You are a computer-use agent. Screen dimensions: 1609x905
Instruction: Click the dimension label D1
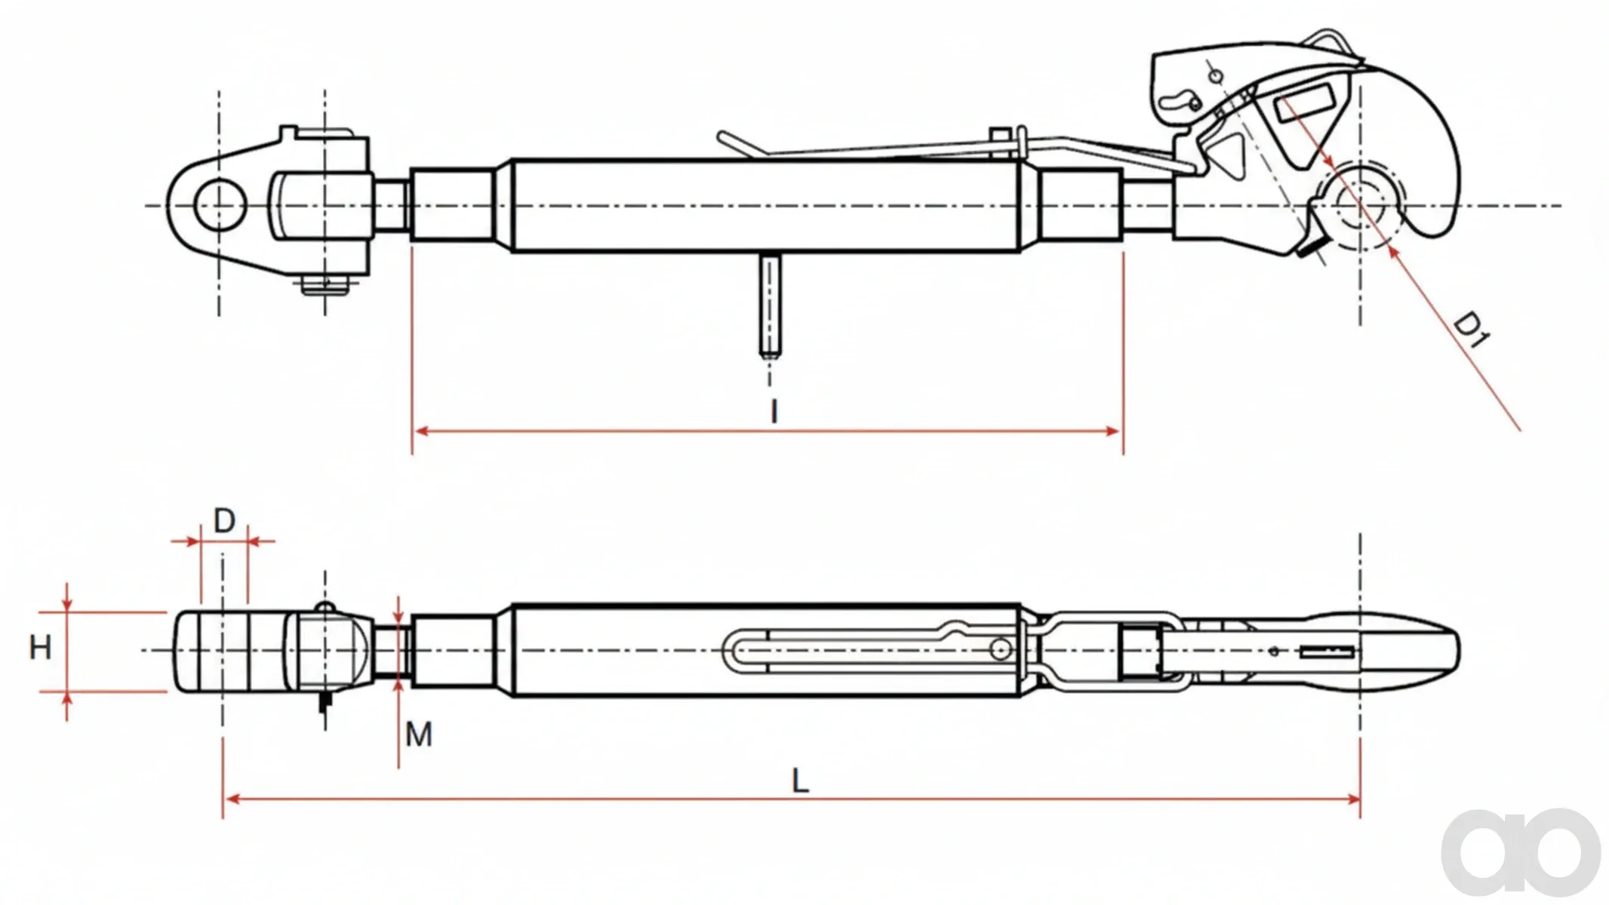pyautogui.click(x=1471, y=330)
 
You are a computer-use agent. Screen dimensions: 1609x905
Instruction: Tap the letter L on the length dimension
pyautogui.click(x=800, y=781)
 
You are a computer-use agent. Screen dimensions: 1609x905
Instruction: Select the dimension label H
pyautogui.click(x=40, y=648)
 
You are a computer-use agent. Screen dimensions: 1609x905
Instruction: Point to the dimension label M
pyautogui.click(x=419, y=734)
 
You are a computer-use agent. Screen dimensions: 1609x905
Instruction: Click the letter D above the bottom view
pyautogui.click(x=225, y=520)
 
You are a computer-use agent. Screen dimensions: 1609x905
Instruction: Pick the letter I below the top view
pyautogui.click(x=774, y=412)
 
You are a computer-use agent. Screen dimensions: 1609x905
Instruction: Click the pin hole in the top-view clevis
pyautogui.click(x=220, y=204)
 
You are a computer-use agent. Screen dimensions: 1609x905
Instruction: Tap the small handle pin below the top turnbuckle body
pyautogui.click(x=771, y=305)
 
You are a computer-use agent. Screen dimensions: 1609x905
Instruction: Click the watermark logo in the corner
pyautogui.click(x=1521, y=851)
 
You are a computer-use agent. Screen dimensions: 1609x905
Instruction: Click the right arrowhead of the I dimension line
pyautogui.click(x=1113, y=431)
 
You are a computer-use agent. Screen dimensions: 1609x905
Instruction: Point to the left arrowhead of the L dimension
pyautogui.click(x=232, y=799)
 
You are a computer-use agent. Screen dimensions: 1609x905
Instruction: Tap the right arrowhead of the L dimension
pyautogui.click(x=1351, y=799)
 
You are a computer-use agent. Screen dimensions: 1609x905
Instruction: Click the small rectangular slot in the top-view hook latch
pyautogui.click(x=1303, y=103)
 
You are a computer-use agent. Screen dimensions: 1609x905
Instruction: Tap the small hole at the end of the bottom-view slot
pyautogui.click(x=1001, y=649)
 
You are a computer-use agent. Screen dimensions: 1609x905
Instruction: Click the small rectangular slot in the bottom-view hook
pyautogui.click(x=1327, y=652)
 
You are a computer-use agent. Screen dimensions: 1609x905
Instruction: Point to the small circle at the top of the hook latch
pyautogui.click(x=1215, y=76)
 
